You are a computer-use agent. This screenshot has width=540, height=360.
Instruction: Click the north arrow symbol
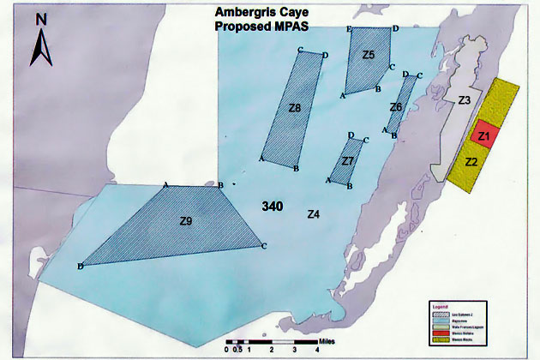41,44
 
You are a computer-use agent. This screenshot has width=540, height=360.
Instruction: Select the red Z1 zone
483,135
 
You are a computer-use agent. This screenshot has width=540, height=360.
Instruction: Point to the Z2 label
471,161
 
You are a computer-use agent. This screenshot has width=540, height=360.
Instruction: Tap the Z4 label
313,213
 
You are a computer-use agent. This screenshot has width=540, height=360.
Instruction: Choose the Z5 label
369,56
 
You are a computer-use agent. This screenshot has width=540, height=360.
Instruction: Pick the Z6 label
395,107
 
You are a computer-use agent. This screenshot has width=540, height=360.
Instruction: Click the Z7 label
347,160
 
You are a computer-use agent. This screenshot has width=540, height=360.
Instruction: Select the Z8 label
294,108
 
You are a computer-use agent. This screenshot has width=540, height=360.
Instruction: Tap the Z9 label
186,221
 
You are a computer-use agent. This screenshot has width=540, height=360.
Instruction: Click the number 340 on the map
273,207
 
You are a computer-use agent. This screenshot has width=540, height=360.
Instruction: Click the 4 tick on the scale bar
294,350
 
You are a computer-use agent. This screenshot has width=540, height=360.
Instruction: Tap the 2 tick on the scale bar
271,350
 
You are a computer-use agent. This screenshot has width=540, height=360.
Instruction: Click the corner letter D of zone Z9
80,267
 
